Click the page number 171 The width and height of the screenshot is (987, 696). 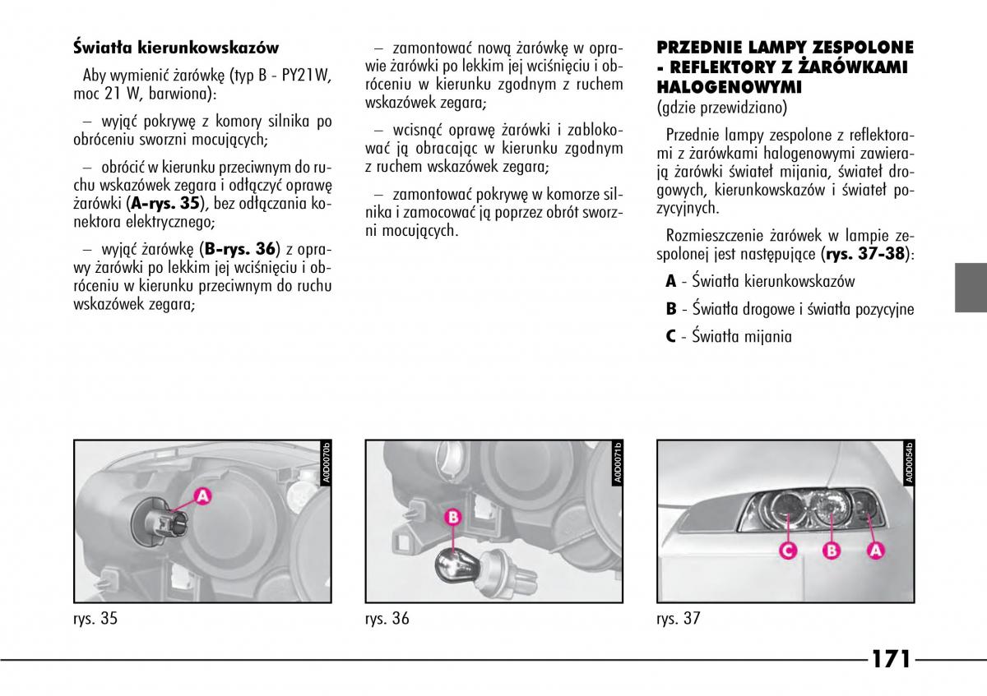tap(890, 660)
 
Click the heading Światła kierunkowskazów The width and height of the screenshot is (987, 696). tap(175, 48)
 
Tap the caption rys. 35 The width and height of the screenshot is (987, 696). tap(95, 619)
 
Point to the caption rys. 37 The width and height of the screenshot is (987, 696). tap(678, 619)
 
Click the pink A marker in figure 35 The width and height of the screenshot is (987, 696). tap(202, 495)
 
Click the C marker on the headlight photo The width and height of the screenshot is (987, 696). tap(786, 551)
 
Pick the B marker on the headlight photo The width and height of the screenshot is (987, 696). tap(831, 551)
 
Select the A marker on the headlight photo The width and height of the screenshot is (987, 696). tap(875, 551)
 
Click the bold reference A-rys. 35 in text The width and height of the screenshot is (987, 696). tap(166, 203)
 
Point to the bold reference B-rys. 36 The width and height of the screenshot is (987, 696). tap(241, 248)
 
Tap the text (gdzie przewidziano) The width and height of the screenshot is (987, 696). tap(722, 107)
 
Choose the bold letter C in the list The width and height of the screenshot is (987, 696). tap(671, 335)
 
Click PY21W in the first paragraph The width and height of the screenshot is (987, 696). tap(305, 76)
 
